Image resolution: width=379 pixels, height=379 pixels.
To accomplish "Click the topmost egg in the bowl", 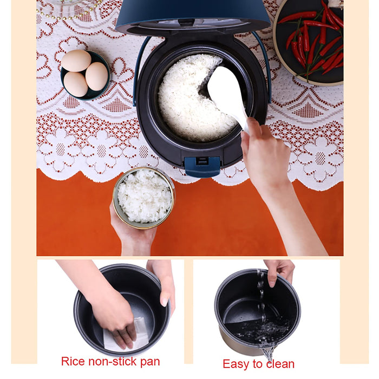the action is click(x=76, y=61).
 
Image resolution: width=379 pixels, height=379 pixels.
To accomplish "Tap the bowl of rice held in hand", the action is click(x=145, y=198).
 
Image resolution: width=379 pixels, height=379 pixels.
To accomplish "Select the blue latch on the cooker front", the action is click(x=202, y=166).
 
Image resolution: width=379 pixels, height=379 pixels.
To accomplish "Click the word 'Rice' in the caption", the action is click(x=73, y=361).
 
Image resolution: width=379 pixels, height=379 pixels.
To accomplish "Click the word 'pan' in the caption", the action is click(x=151, y=363).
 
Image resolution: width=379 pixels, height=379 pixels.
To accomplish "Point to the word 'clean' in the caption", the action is click(x=280, y=364).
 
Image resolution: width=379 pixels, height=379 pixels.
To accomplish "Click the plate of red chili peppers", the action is click(x=309, y=42).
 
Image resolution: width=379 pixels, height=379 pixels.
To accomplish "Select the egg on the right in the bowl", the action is click(x=97, y=76).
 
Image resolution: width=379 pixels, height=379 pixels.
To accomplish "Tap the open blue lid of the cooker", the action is click(x=193, y=17).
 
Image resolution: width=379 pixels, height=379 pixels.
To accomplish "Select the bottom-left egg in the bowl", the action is click(x=75, y=84).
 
